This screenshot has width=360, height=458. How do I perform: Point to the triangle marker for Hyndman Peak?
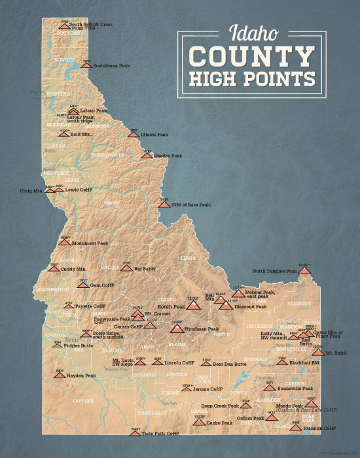click(177, 328)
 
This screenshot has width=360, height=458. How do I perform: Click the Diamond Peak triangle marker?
click(225, 305)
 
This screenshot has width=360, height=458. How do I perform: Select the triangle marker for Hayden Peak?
click(60, 376)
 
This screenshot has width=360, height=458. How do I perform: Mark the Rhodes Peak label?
click(168, 156)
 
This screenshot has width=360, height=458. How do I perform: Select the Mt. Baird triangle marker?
click(317, 352)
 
